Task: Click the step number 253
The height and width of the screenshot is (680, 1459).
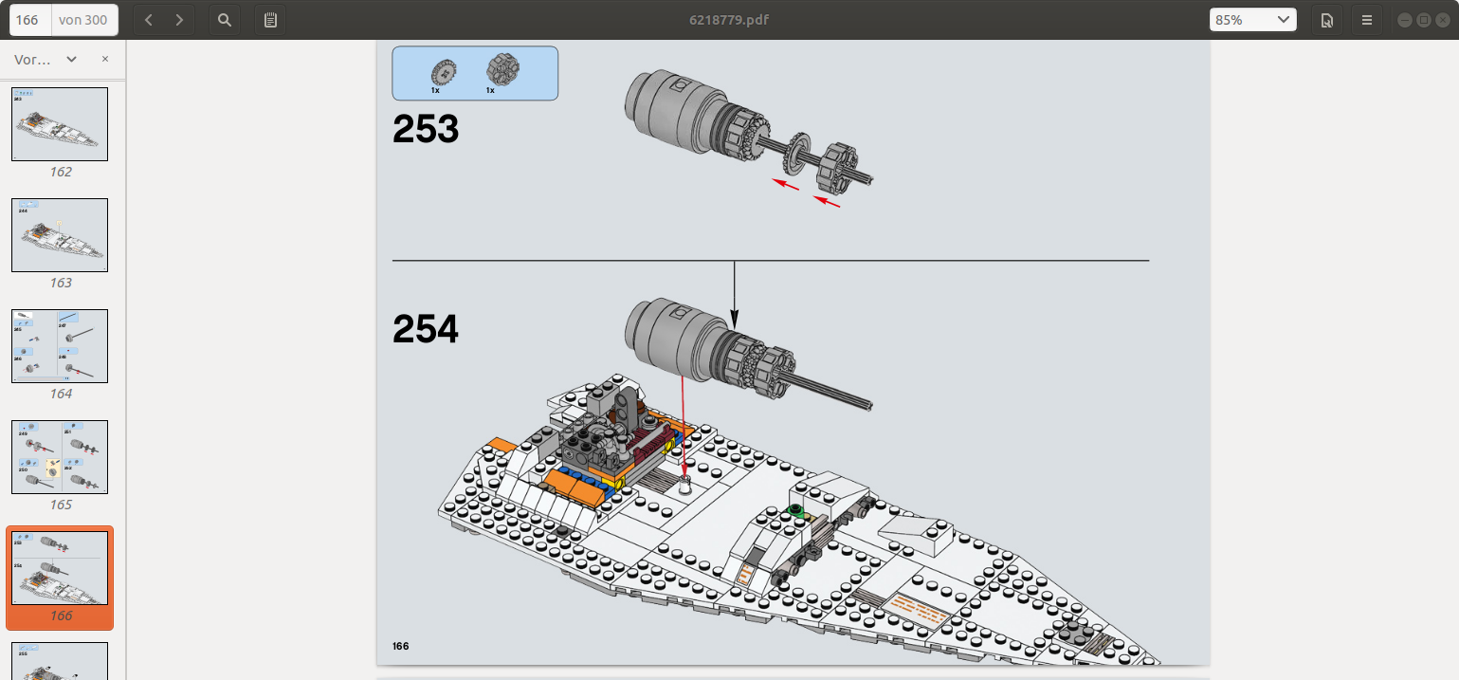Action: coord(426,130)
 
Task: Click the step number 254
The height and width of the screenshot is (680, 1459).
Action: coord(426,330)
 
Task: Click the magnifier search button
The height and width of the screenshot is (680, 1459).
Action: coord(224,19)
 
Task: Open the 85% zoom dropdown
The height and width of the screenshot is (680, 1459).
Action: coord(1252,19)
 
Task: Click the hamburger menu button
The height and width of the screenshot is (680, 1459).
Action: coord(1366,19)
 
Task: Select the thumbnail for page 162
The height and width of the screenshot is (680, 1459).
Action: coord(60,124)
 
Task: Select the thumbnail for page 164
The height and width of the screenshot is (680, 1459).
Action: coord(60,346)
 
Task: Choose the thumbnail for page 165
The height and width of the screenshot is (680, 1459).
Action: coord(60,457)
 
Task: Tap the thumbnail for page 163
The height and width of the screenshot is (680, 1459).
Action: coord(60,235)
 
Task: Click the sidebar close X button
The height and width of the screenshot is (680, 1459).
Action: coord(105,59)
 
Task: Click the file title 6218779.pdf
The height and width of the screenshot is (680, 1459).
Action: coord(728,19)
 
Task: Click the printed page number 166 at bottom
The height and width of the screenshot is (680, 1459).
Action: coord(401,646)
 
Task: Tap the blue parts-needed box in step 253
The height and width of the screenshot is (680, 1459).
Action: coord(475,73)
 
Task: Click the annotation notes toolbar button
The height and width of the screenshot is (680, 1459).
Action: coord(270,19)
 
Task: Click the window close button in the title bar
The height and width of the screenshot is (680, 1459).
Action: coord(1442,19)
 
